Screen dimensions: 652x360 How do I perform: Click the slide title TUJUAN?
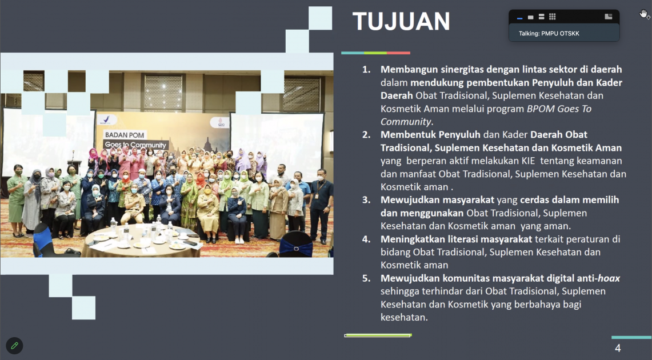coord(401,21)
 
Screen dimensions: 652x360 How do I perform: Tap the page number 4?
coord(618,348)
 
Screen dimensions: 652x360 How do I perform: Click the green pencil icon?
coord(14,346)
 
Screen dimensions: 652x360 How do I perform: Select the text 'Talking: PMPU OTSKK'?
coord(549,33)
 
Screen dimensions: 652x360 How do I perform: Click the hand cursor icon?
coord(644,14)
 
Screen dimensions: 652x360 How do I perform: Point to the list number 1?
coord(366,69)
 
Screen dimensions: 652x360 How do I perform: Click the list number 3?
coord(366,200)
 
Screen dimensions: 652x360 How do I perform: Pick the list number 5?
coord(366,278)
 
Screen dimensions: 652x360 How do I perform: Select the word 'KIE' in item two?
coord(528,161)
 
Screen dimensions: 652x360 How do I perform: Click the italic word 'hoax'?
coord(609,278)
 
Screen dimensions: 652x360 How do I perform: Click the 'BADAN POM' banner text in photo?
coord(125,135)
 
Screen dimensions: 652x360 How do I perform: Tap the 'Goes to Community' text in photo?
coord(135,145)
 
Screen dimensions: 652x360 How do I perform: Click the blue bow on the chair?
coord(296,248)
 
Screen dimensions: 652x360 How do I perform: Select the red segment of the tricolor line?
coord(398,53)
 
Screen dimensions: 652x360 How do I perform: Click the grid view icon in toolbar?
coord(552,17)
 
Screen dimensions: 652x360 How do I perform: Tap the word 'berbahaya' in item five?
coord(537,305)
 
